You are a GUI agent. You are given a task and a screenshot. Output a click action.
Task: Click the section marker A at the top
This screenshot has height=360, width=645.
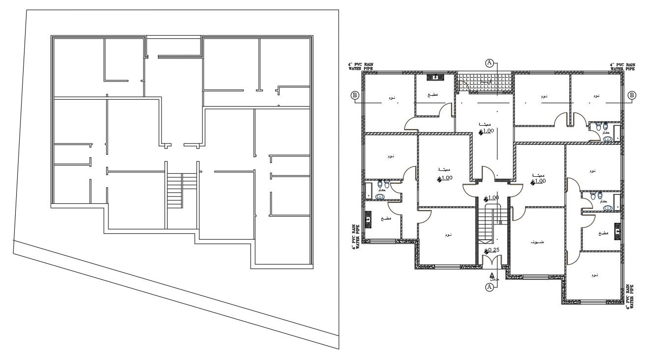489,62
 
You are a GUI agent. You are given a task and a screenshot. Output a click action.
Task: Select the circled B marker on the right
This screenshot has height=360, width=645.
632,95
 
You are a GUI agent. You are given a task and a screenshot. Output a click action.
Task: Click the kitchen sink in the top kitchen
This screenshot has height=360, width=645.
435,77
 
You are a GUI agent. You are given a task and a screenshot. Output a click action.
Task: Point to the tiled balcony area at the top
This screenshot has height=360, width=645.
484,82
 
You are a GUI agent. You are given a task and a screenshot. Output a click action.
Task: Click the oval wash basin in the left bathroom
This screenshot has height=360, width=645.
380,196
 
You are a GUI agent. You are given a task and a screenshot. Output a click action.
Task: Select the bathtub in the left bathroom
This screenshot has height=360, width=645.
368,191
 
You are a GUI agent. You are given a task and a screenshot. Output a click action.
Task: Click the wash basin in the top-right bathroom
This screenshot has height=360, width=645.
608,138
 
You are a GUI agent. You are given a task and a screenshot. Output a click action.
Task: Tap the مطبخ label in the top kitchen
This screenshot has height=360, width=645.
432,95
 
